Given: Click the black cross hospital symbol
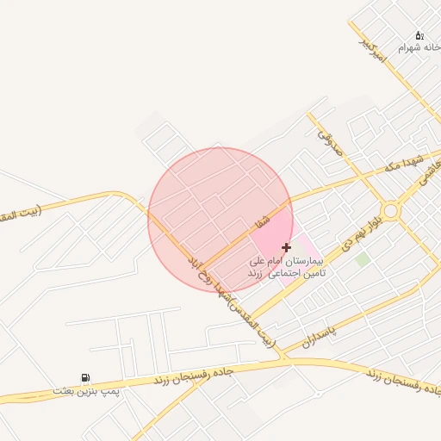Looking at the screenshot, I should point(286,247).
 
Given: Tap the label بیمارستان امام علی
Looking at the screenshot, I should point(285,260).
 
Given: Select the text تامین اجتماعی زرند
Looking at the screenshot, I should point(288,272).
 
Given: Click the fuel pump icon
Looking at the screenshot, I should point(84,377).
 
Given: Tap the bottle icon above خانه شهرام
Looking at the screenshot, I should point(419,35).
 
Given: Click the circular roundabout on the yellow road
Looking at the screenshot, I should point(391,210).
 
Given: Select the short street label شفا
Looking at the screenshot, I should point(262,221).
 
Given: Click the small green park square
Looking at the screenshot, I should point(363,258).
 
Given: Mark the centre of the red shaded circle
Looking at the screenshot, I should point(220,220).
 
